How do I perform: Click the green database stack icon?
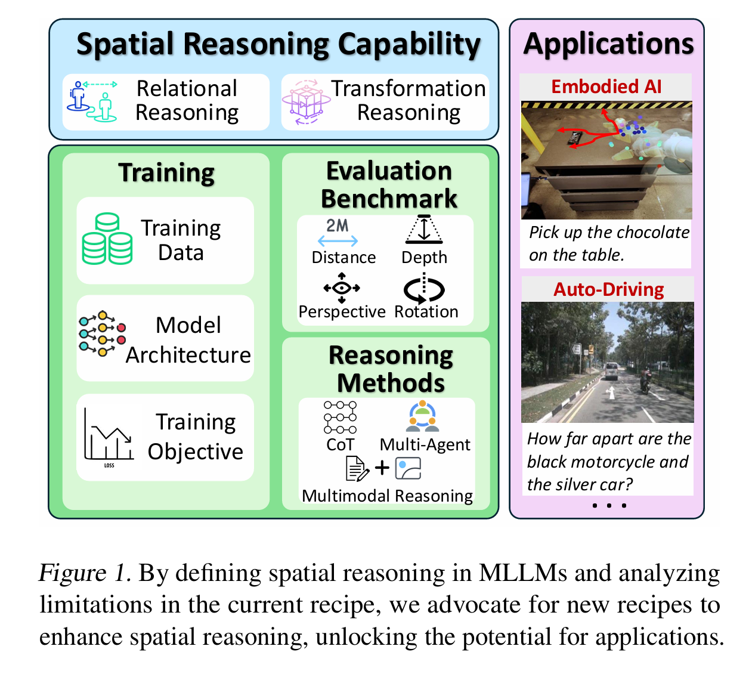[107, 239]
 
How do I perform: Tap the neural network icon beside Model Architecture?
[103, 333]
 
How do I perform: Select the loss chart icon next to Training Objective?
[109, 437]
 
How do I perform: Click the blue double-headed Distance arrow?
[338, 241]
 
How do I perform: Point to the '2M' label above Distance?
[337, 225]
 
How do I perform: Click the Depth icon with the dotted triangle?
[424, 230]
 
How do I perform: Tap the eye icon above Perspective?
[342, 288]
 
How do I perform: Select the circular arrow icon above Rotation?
[424, 289]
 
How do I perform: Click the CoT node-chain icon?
[340, 417]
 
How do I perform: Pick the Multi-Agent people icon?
[422, 416]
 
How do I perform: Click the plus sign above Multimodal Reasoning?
[382, 468]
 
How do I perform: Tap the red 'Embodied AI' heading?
[606, 86]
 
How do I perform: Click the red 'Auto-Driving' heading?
[609, 289]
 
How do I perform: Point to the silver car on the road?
[611, 370]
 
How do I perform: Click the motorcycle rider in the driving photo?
[645, 381]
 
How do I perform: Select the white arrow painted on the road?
[611, 392]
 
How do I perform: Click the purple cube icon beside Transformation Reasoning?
[306, 102]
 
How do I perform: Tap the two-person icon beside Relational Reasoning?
[92, 101]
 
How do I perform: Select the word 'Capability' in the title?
[409, 45]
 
